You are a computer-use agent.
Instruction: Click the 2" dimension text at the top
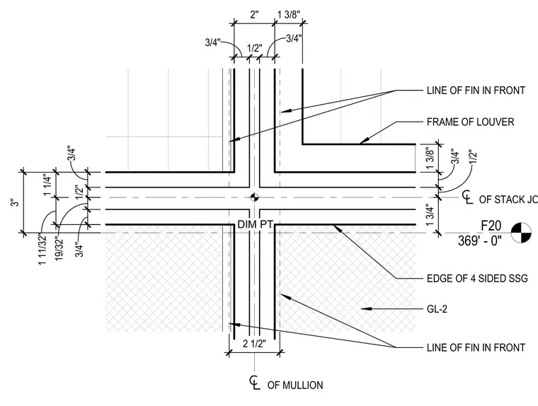pyautogui.click(x=254, y=15)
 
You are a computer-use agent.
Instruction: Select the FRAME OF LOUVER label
pyautogui.click(x=471, y=122)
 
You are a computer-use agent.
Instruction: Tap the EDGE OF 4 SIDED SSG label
pyautogui.click(x=477, y=279)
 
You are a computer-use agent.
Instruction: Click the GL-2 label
pyautogui.click(x=437, y=309)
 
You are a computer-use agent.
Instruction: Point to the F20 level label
pyautogui.click(x=491, y=226)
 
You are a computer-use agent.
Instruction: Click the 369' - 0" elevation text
pyautogui.click(x=480, y=240)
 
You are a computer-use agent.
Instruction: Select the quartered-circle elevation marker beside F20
pyautogui.click(x=521, y=233)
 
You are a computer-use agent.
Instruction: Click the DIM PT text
pyautogui.click(x=255, y=225)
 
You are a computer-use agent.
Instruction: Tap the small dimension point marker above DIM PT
pyautogui.click(x=254, y=197)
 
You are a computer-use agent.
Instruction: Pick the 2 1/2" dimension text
pyautogui.click(x=254, y=343)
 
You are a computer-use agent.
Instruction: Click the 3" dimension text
pyautogui.click(x=15, y=202)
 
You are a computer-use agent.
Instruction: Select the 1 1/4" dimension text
pyautogui.click(x=47, y=185)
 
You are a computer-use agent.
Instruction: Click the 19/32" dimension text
pyautogui.click(x=59, y=247)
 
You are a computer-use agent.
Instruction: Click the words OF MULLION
pyautogui.click(x=295, y=385)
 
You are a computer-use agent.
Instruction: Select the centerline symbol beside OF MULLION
pyautogui.click(x=254, y=383)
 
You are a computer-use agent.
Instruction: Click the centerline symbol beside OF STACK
pyautogui.click(x=467, y=197)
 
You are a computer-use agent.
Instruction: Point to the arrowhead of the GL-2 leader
pyautogui.click(x=366, y=309)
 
